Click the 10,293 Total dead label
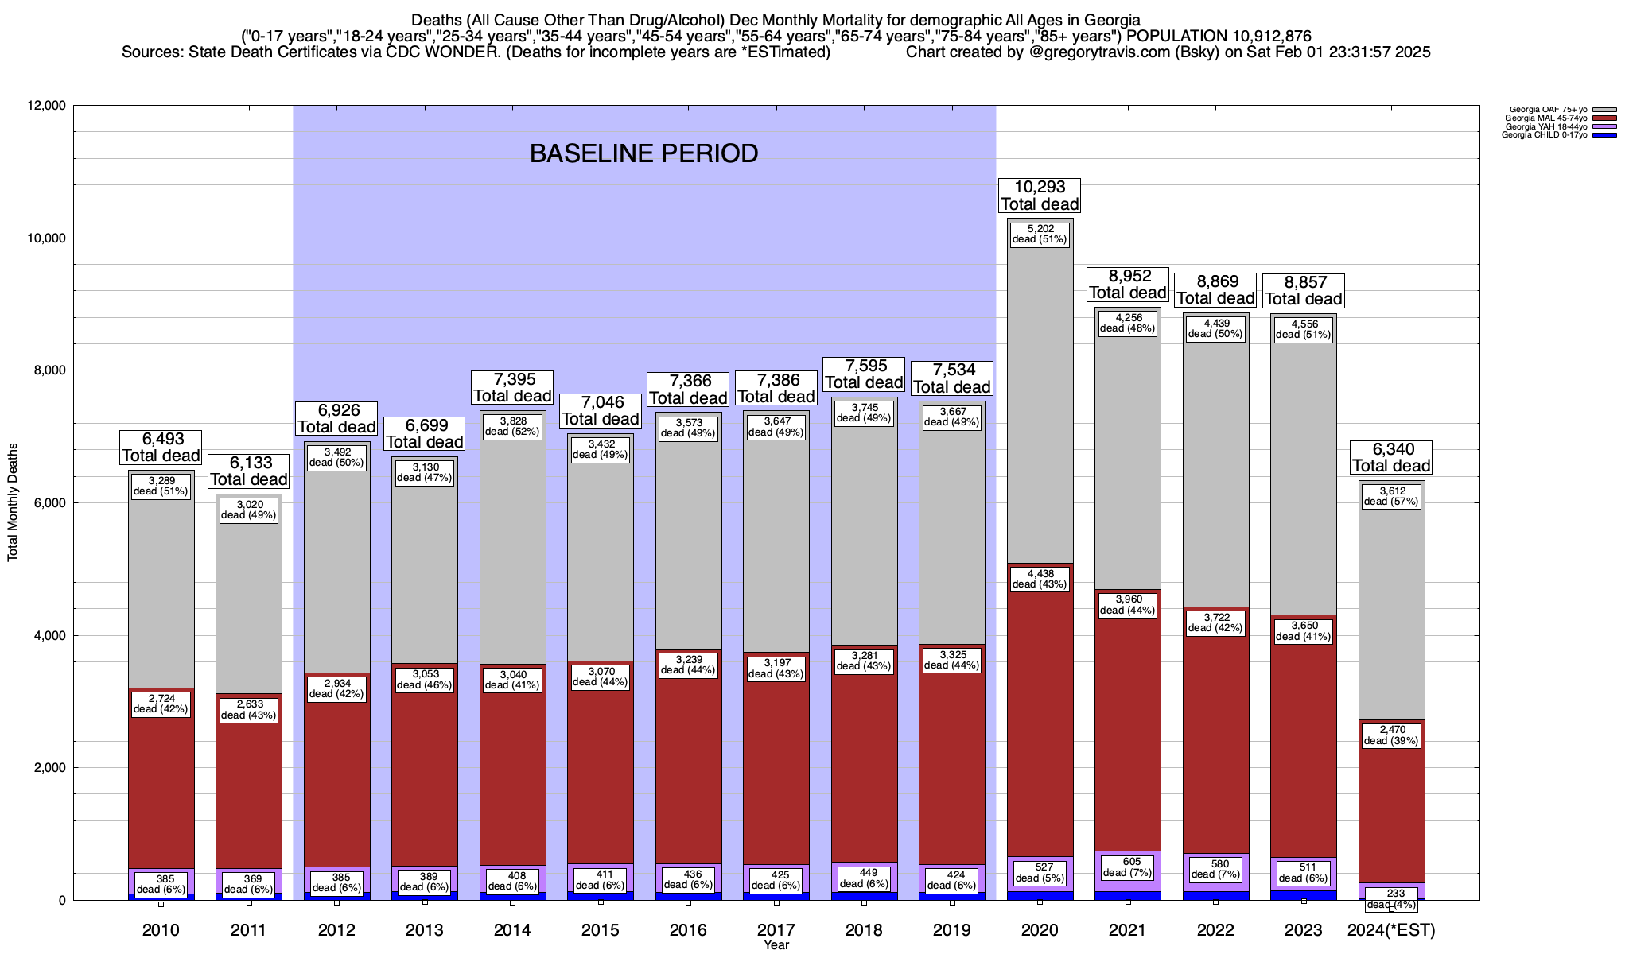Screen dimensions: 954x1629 1040,196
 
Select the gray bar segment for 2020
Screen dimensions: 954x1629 1040,397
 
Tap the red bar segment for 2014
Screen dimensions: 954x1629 512,779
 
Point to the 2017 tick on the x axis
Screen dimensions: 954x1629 776,929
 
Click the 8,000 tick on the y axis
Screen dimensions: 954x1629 49,370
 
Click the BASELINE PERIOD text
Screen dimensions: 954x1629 643,153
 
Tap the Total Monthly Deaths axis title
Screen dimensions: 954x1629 13,502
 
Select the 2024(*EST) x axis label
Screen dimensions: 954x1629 1391,929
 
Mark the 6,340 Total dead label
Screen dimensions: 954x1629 1391,457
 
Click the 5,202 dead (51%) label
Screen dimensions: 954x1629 1040,234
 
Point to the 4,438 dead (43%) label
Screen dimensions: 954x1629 1040,579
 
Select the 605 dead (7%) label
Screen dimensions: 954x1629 1127,867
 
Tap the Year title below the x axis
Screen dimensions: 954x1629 776,945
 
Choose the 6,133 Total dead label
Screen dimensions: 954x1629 248,471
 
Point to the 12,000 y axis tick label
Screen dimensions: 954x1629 46,106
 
